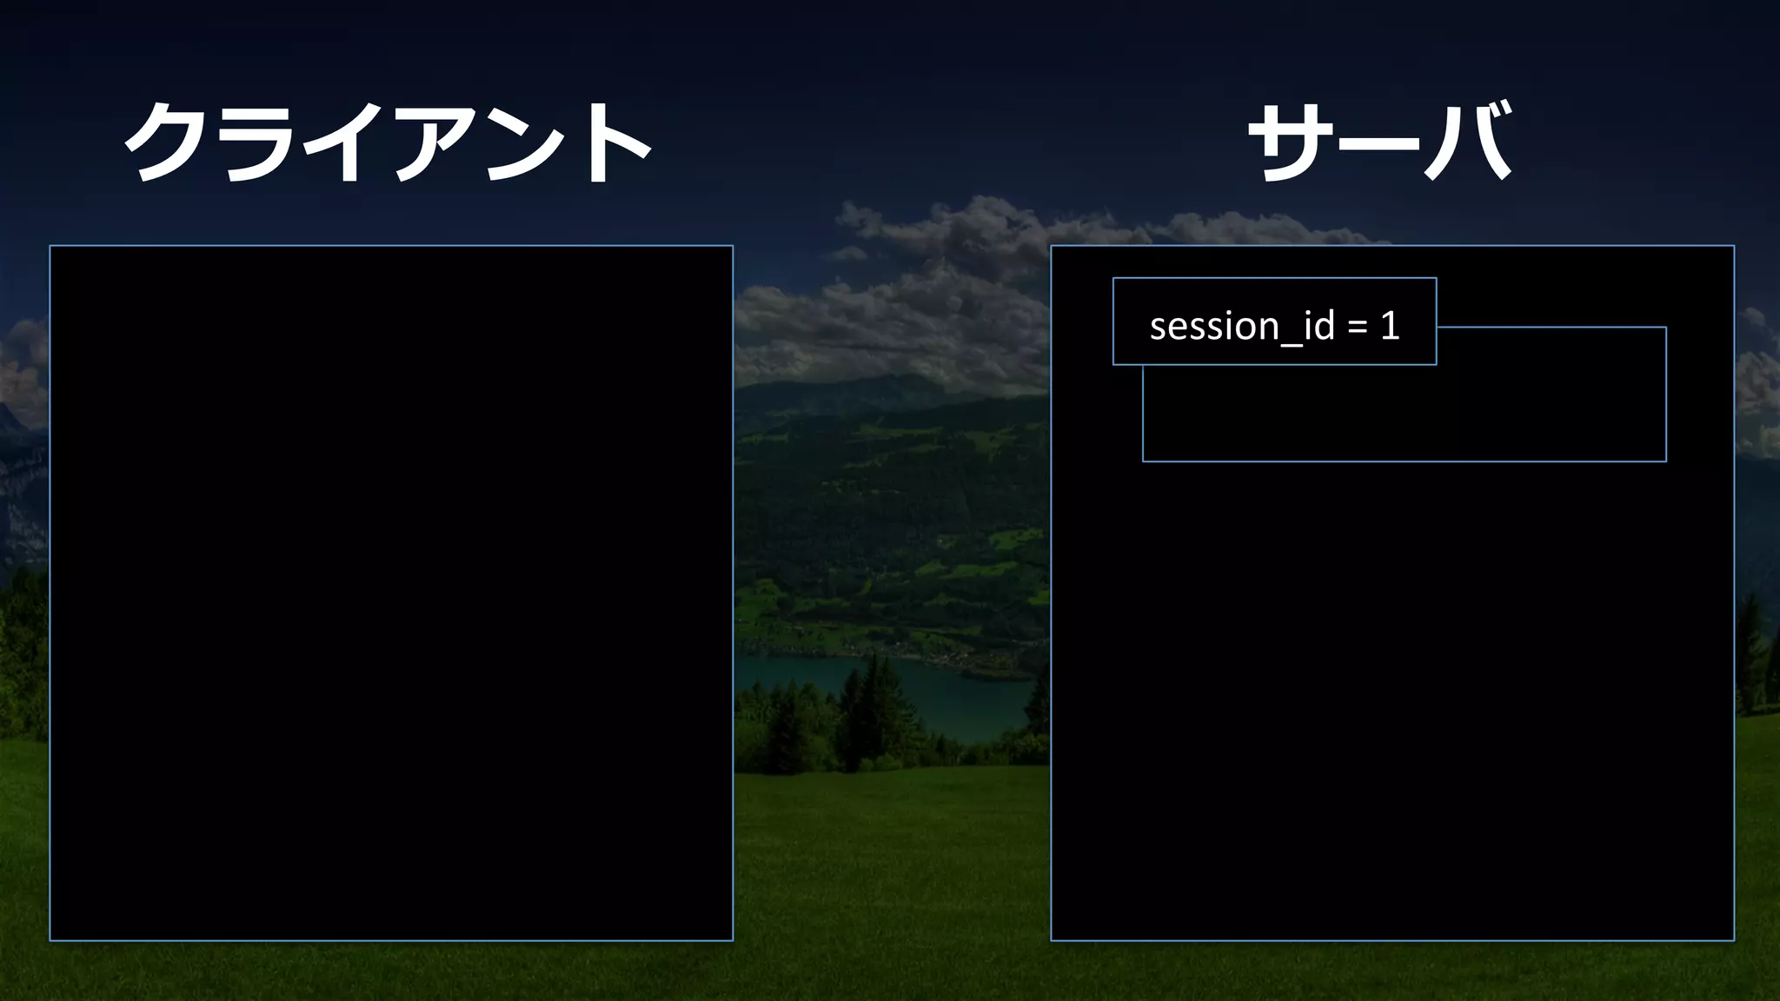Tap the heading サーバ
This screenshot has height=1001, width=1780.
(1379, 142)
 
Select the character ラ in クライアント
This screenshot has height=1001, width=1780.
(257, 143)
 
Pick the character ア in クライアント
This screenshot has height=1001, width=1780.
(432, 143)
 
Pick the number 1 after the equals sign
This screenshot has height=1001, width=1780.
(1390, 326)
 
